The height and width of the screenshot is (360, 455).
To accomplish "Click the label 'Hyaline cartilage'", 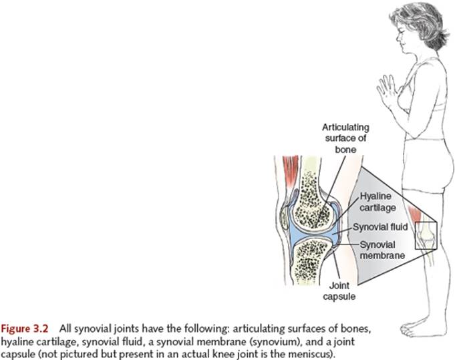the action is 377,202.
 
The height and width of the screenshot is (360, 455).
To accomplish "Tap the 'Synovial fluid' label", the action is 380,227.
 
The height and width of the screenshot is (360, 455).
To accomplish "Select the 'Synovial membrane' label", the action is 382,250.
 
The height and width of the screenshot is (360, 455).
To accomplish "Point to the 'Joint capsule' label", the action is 339,291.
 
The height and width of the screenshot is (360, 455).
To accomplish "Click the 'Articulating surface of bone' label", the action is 345,138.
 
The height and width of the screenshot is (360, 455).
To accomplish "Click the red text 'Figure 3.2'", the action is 24,329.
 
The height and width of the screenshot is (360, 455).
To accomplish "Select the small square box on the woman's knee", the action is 426,236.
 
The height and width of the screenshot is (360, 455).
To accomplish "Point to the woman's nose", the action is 398,37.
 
